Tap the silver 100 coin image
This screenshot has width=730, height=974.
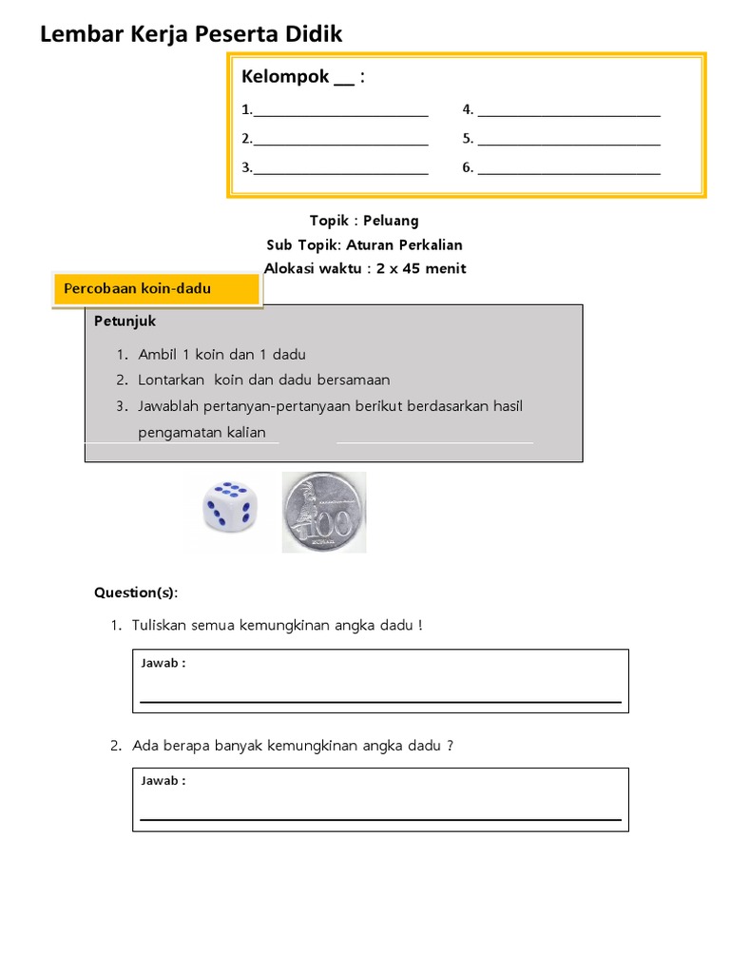323,512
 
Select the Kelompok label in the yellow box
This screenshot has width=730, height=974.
285,77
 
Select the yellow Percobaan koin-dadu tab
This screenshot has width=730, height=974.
157,289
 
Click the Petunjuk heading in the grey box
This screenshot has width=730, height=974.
125,321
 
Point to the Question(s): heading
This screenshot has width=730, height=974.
135,593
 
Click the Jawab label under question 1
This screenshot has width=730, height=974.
163,663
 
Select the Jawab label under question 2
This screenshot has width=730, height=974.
163,781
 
